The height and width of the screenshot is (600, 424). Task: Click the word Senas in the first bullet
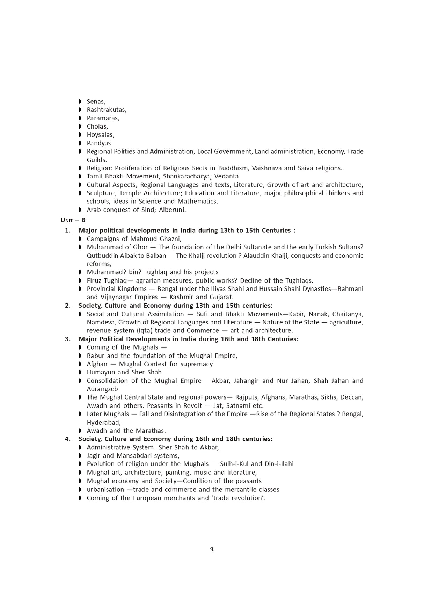[96, 102]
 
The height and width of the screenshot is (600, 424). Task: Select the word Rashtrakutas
[106, 110]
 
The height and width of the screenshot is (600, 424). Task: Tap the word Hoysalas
[100, 135]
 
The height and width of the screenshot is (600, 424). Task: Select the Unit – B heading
[73, 220]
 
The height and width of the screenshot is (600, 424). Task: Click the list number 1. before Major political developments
[68, 231]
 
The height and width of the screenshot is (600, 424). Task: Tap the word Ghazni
[170, 239]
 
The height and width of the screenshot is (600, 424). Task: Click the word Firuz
[94, 281]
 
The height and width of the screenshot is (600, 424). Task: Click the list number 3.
[68, 339]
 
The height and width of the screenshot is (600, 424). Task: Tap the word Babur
[95, 356]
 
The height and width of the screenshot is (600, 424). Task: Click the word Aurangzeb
[102, 389]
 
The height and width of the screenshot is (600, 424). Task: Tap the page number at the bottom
[212, 549]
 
